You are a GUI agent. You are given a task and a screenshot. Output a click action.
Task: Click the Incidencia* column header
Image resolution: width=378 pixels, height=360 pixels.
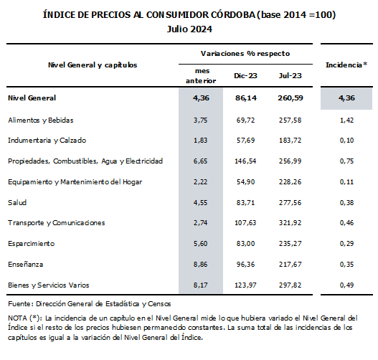pos(346,65)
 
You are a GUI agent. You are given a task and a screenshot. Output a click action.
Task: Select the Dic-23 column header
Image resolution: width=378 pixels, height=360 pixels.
pos(245,76)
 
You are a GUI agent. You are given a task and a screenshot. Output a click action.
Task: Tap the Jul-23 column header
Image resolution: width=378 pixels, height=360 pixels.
pos(290,76)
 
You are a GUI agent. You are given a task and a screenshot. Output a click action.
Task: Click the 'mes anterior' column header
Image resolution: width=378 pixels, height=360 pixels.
pos(201,76)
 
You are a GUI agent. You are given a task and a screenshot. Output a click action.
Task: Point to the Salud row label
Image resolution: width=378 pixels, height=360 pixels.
pos(17,202)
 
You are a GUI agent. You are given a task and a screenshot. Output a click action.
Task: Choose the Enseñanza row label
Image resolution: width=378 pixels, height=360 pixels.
pos(26,265)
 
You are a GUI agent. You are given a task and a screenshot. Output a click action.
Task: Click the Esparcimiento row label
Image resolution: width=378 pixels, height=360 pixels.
pos(32,244)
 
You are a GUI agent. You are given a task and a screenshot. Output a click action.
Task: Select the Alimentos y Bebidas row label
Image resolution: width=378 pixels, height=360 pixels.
pos(41,120)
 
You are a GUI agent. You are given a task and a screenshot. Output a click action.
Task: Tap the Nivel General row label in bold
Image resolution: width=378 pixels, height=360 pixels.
pos(32,98)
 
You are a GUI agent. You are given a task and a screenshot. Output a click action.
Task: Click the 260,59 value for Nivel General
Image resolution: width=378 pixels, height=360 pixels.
pos(290,98)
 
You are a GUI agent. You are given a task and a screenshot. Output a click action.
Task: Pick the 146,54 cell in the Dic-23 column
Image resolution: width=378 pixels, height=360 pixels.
pos(245,161)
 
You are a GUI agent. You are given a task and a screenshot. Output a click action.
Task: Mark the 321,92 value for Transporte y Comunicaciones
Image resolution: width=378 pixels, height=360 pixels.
pos(290,222)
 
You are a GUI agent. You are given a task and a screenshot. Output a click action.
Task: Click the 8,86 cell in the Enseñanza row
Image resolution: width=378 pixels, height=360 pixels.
pos(201,265)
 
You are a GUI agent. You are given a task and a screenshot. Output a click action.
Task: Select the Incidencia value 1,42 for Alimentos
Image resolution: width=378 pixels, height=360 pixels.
pos(346,120)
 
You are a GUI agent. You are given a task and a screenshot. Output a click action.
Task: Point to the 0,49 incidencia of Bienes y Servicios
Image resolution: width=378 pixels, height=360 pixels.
pos(346,285)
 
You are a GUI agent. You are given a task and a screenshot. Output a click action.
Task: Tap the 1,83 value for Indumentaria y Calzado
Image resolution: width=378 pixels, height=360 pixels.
pos(201,141)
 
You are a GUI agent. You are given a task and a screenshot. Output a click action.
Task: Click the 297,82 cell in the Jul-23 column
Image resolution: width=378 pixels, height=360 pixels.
pos(290,285)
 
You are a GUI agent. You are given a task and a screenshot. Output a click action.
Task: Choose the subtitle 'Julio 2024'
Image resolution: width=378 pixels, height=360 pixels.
pos(189,29)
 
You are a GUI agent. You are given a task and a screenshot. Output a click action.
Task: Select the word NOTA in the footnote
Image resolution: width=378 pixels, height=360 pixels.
pos(17,318)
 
